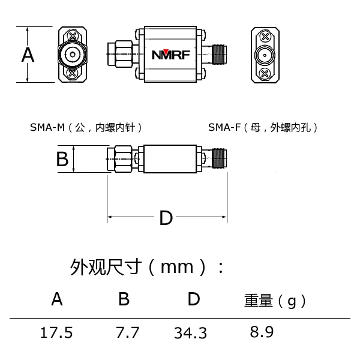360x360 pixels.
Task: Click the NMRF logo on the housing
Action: tap(170, 55)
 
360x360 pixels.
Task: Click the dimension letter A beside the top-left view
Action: tap(28, 55)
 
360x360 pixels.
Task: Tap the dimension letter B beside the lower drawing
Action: tap(62, 160)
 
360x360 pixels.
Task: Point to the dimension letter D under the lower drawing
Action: tap(166, 218)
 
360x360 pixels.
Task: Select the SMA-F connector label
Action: tap(263, 127)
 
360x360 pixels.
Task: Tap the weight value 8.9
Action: tap(262, 332)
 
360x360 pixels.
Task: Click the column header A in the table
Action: tap(57, 299)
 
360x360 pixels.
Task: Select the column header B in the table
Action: tap(124, 299)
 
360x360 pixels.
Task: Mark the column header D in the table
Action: tap(193, 299)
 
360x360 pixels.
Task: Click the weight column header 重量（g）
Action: tap(275, 301)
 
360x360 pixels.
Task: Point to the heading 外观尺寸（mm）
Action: tap(148, 266)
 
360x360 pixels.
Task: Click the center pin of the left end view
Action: tap(72, 56)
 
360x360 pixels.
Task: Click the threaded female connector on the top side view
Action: tap(217, 55)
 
